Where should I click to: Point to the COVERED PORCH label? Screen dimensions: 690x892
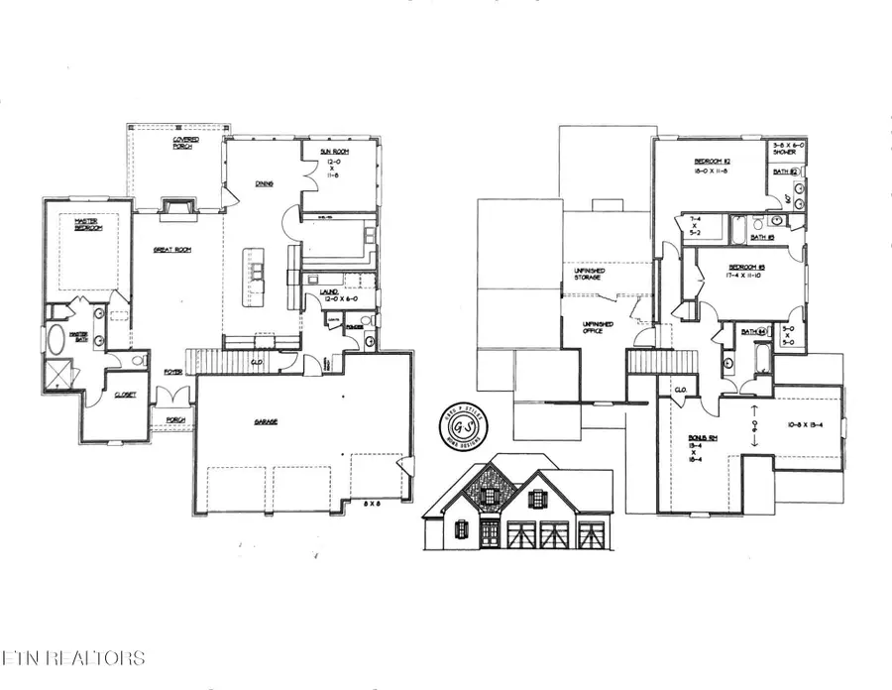[x=185, y=145]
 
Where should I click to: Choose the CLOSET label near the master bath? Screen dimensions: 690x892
[x=125, y=395]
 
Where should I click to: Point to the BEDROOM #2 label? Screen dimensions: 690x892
[x=712, y=166]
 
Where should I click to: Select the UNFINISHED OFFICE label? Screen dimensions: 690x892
[x=596, y=328]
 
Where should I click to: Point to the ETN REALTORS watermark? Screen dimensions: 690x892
[x=73, y=657]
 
